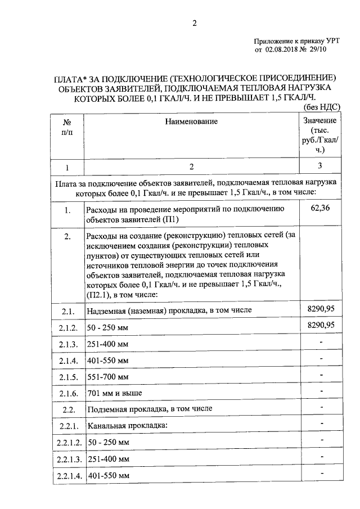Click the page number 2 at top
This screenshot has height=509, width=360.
194,23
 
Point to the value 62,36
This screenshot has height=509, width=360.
319,209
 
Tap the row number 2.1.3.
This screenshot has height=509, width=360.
67,343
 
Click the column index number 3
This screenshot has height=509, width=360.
319,166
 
